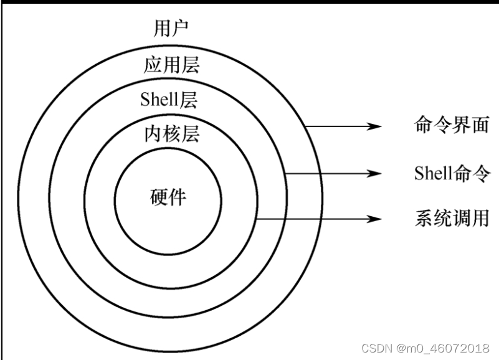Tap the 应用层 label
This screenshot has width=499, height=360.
171,65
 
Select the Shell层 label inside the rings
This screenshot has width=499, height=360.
169,99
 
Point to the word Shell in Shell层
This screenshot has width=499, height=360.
160,99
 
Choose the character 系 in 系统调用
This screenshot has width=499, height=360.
424,219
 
